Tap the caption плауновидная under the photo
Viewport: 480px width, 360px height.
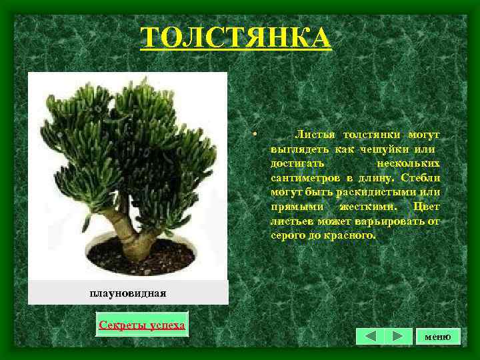(x=127, y=293)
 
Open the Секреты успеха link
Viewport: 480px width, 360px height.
(x=142, y=325)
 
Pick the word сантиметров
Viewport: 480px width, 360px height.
(x=301, y=178)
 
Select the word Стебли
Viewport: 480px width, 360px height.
(x=421, y=178)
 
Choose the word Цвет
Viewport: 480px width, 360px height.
(x=427, y=207)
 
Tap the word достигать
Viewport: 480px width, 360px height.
(x=298, y=163)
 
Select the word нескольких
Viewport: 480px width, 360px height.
(x=408, y=163)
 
